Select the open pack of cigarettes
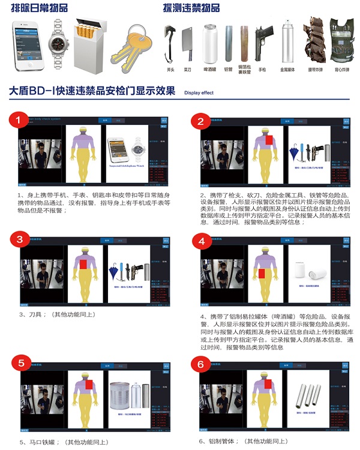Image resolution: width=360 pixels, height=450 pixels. coord(91,42)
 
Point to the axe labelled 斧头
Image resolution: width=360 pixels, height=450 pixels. coord(170,43)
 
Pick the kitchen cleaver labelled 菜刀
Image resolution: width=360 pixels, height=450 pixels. coord(188,42)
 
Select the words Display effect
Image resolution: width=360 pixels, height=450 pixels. coord(199,93)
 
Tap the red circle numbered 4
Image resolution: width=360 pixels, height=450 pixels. coord(201,241)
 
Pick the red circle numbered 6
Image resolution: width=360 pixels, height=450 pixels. coord(201,364)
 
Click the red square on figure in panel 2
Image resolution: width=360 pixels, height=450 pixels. coord(269,140)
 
